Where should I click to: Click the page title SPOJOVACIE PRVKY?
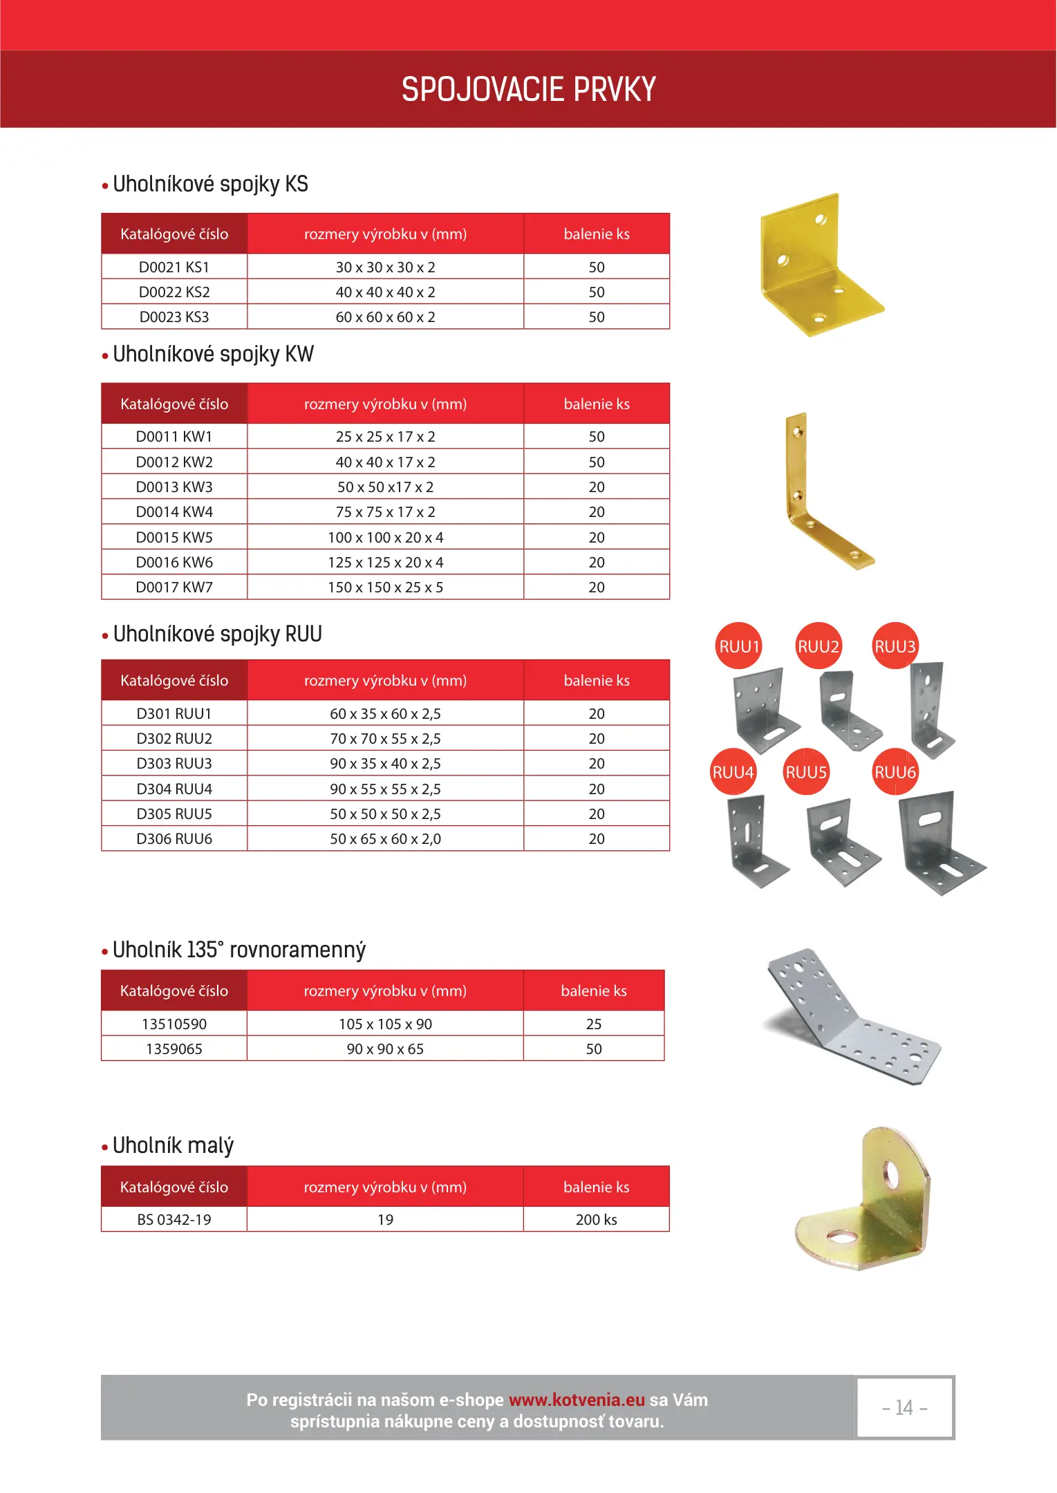click(x=528, y=89)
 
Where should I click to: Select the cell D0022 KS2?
click(x=174, y=292)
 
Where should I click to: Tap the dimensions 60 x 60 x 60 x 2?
click(x=385, y=317)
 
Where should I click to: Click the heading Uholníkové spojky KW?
click(x=213, y=355)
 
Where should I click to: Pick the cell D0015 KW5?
click(x=174, y=537)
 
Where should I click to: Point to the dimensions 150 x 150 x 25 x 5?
click(x=385, y=588)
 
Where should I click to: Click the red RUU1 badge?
click(x=738, y=646)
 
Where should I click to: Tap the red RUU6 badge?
click(x=895, y=772)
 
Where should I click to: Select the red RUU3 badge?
click(x=895, y=646)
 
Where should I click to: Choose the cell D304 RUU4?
click(x=174, y=789)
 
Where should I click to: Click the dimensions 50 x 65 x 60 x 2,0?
click(x=385, y=839)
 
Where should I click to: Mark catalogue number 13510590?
click(x=174, y=1024)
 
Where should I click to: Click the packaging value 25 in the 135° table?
click(x=593, y=1024)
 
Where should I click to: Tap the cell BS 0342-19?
click(x=174, y=1219)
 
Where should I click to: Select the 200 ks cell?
click(x=596, y=1219)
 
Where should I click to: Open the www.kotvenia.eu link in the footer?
click(x=577, y=1400)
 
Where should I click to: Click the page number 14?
click(x=904, y=1407)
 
